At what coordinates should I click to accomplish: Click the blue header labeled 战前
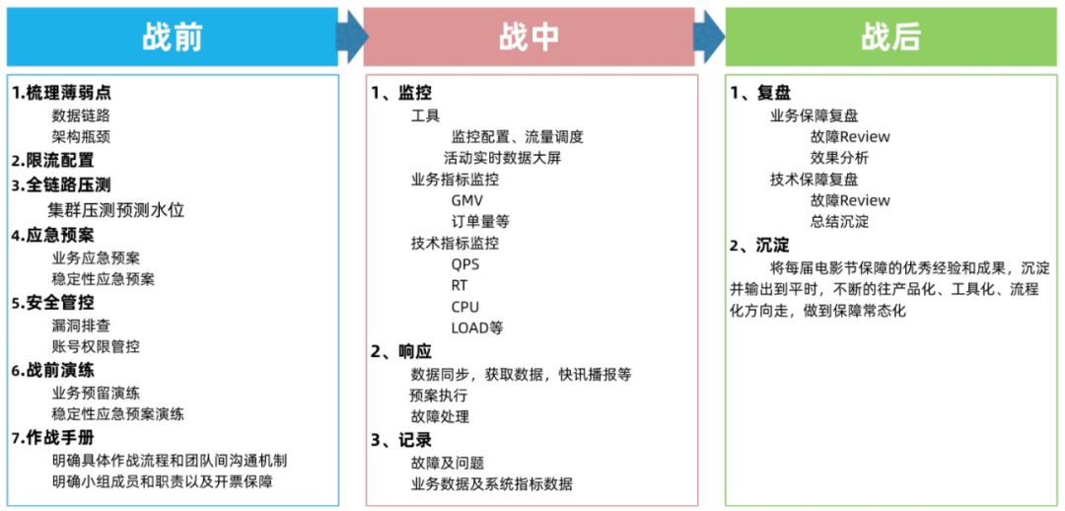click(173, 37)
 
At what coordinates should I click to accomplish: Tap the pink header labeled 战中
click(530, 37)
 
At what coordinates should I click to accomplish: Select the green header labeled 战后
click(890, 37)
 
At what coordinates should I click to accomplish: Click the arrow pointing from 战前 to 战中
click(351, 37)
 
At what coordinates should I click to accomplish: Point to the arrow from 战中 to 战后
click(709, 37)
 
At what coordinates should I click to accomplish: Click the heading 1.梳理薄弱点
click(61, 93)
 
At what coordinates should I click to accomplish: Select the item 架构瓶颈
click(81, 136)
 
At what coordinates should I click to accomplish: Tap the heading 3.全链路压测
click(61, 184)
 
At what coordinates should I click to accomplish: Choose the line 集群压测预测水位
click(116, 209)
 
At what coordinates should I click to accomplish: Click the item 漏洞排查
click(81, 325)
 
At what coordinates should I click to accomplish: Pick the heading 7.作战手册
click(53, 437)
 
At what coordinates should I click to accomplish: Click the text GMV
click(466, 200)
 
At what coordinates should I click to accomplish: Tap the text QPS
click(464, 263)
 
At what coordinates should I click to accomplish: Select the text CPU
click(464, 307)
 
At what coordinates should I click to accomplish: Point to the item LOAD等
click(477, 328)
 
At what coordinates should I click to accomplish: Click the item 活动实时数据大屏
click(502, 158)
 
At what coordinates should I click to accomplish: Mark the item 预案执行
click(440, 395)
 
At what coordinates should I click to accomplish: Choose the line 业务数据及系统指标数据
click(491, 483)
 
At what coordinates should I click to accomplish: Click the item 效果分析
click(839, 158)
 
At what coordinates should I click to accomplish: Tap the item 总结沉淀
click(839, 222)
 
